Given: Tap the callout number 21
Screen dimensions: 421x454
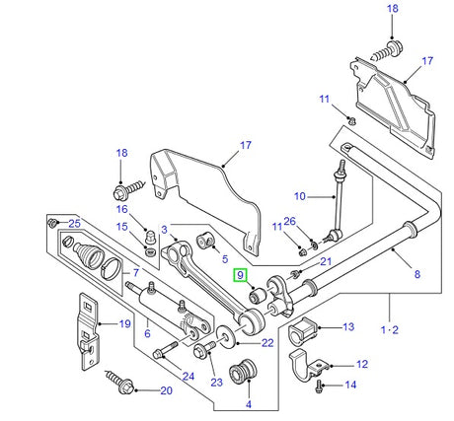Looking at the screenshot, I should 327,261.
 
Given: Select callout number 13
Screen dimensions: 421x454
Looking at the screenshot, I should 347,326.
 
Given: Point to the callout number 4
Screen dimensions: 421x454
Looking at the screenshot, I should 249,405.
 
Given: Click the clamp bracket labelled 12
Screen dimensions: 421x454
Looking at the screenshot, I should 314,371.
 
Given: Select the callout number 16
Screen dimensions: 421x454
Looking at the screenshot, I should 122,210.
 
